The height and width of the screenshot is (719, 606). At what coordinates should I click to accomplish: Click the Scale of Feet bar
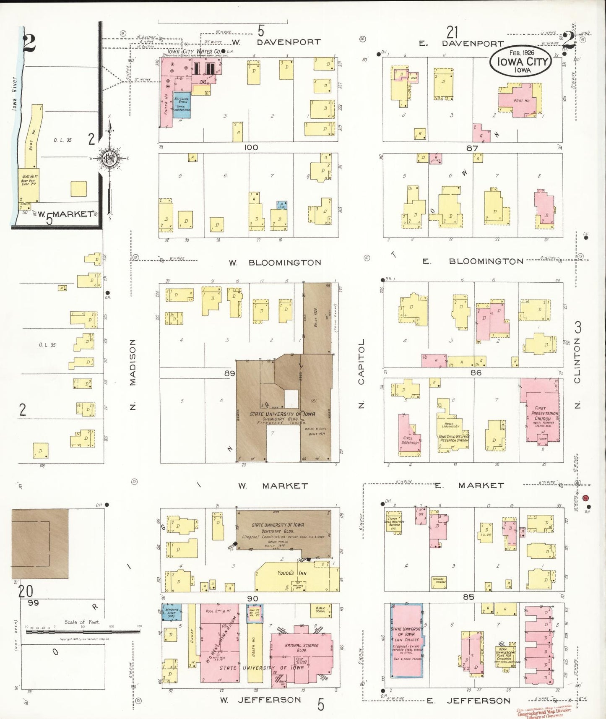coord(83,630)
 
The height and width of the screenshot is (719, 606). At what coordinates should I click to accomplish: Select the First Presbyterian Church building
coord(540,411)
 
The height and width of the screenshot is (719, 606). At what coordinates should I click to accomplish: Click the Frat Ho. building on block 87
coord(521,101)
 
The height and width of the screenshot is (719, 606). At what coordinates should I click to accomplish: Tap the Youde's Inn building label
coord(292,573)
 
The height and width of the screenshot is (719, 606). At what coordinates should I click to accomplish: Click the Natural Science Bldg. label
coord(302,648)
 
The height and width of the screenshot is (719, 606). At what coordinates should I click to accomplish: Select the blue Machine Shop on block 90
coord(172,612)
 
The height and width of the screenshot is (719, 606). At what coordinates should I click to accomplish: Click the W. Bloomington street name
coord(275,263)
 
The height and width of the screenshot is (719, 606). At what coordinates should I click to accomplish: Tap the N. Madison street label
coord(133,374)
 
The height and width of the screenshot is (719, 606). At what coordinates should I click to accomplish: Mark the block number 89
coord(230,373)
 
